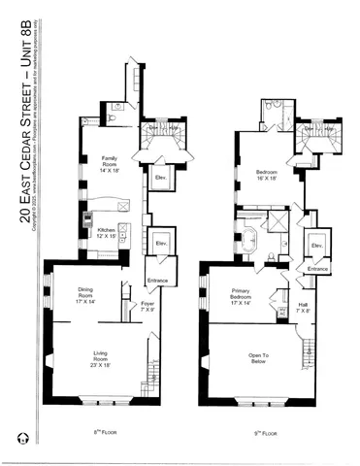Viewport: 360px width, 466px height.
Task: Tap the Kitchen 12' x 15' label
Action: [x=105, y=233]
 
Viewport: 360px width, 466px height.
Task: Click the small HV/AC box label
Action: [x=282, y=301]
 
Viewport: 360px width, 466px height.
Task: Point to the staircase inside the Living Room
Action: [x=154, y=371]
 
